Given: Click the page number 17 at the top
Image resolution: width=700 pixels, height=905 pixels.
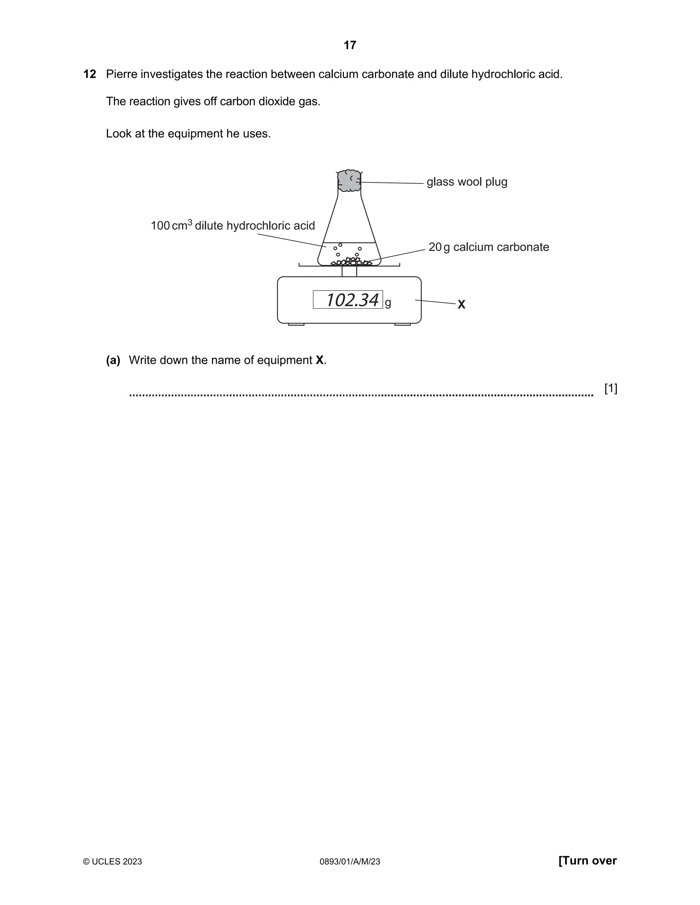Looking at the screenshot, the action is pos(350,45).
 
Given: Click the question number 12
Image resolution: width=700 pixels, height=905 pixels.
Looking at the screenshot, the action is pos(90,74).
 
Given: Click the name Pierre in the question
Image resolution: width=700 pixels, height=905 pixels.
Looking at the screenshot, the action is pos(121,74).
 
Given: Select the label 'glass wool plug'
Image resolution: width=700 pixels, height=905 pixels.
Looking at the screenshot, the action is pos(467,182).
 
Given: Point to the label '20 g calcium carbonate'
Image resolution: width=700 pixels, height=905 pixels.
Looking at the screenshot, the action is pos(488,247).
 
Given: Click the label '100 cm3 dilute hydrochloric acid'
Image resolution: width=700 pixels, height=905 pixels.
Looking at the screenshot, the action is pos(233,225).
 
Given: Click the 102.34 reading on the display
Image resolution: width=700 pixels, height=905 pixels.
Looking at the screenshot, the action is pos(352,300).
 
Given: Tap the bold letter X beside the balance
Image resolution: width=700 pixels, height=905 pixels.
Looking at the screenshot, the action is pos(461,305).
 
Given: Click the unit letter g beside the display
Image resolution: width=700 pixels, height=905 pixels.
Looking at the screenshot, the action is pos(388,303).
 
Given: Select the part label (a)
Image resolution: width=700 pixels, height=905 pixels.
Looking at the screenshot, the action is pos(113,360).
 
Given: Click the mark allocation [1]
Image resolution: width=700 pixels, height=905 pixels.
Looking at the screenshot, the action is pos(610,388).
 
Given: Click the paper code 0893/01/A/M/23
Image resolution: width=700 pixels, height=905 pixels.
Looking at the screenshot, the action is pos(350,850).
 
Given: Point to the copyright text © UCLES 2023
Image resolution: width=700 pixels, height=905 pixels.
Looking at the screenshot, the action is pos(112,850).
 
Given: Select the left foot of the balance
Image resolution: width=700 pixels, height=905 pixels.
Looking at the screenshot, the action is pos(296,324).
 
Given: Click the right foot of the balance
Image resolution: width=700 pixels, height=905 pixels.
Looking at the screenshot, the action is pos(402,324).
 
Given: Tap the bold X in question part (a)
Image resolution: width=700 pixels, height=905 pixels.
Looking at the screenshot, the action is pos(319,360).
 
